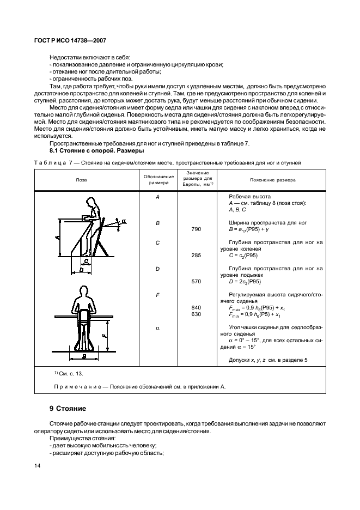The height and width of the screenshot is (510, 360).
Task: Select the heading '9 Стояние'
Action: tap(69, 408)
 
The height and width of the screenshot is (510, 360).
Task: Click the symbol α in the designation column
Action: tap(157, 328)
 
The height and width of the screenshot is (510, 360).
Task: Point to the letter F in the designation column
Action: tap(157, 295)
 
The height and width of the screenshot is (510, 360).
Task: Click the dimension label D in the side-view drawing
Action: tap(81, 269)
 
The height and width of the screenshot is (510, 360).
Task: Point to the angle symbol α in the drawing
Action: tap(124, 221)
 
